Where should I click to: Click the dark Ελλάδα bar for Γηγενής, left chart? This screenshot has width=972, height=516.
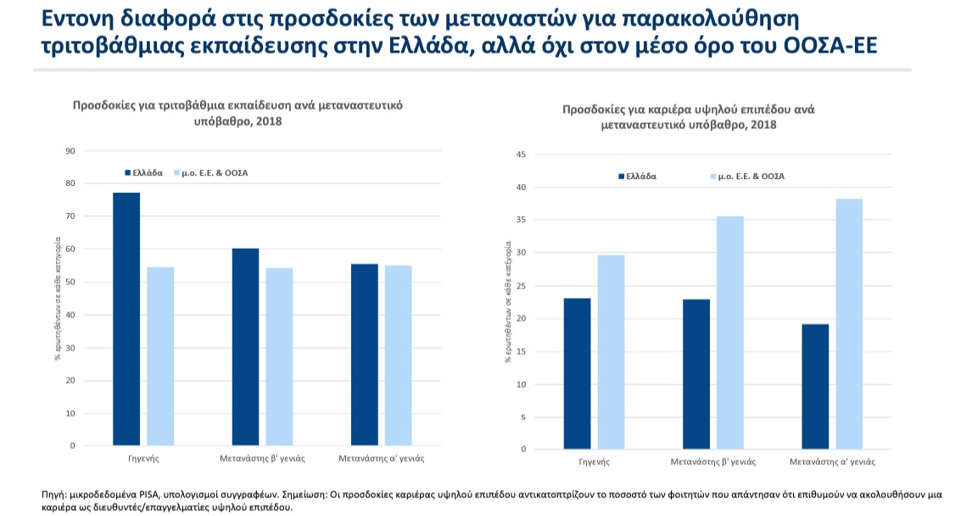[126, 318]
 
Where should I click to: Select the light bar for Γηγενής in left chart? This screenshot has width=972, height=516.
[160, 356]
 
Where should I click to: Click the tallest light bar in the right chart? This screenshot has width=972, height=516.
[849, 323]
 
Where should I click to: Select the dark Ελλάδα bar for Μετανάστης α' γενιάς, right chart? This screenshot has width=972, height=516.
[815, 386]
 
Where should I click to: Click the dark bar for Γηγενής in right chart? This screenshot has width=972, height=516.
[577, 373]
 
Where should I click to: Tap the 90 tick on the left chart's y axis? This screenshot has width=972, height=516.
[70, 151]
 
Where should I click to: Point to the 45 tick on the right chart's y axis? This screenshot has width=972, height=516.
[522, 154]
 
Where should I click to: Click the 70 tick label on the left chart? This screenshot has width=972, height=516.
[70, 216]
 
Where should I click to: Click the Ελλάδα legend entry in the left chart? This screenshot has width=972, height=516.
[143, 172]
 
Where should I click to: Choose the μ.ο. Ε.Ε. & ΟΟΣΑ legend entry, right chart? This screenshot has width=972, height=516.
[746, 177]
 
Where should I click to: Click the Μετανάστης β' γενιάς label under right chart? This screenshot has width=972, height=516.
[712, 463]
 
